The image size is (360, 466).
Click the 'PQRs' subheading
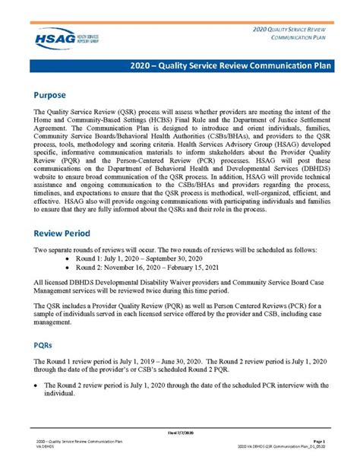(45, 344)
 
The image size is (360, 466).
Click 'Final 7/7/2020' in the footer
(179, 433)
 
